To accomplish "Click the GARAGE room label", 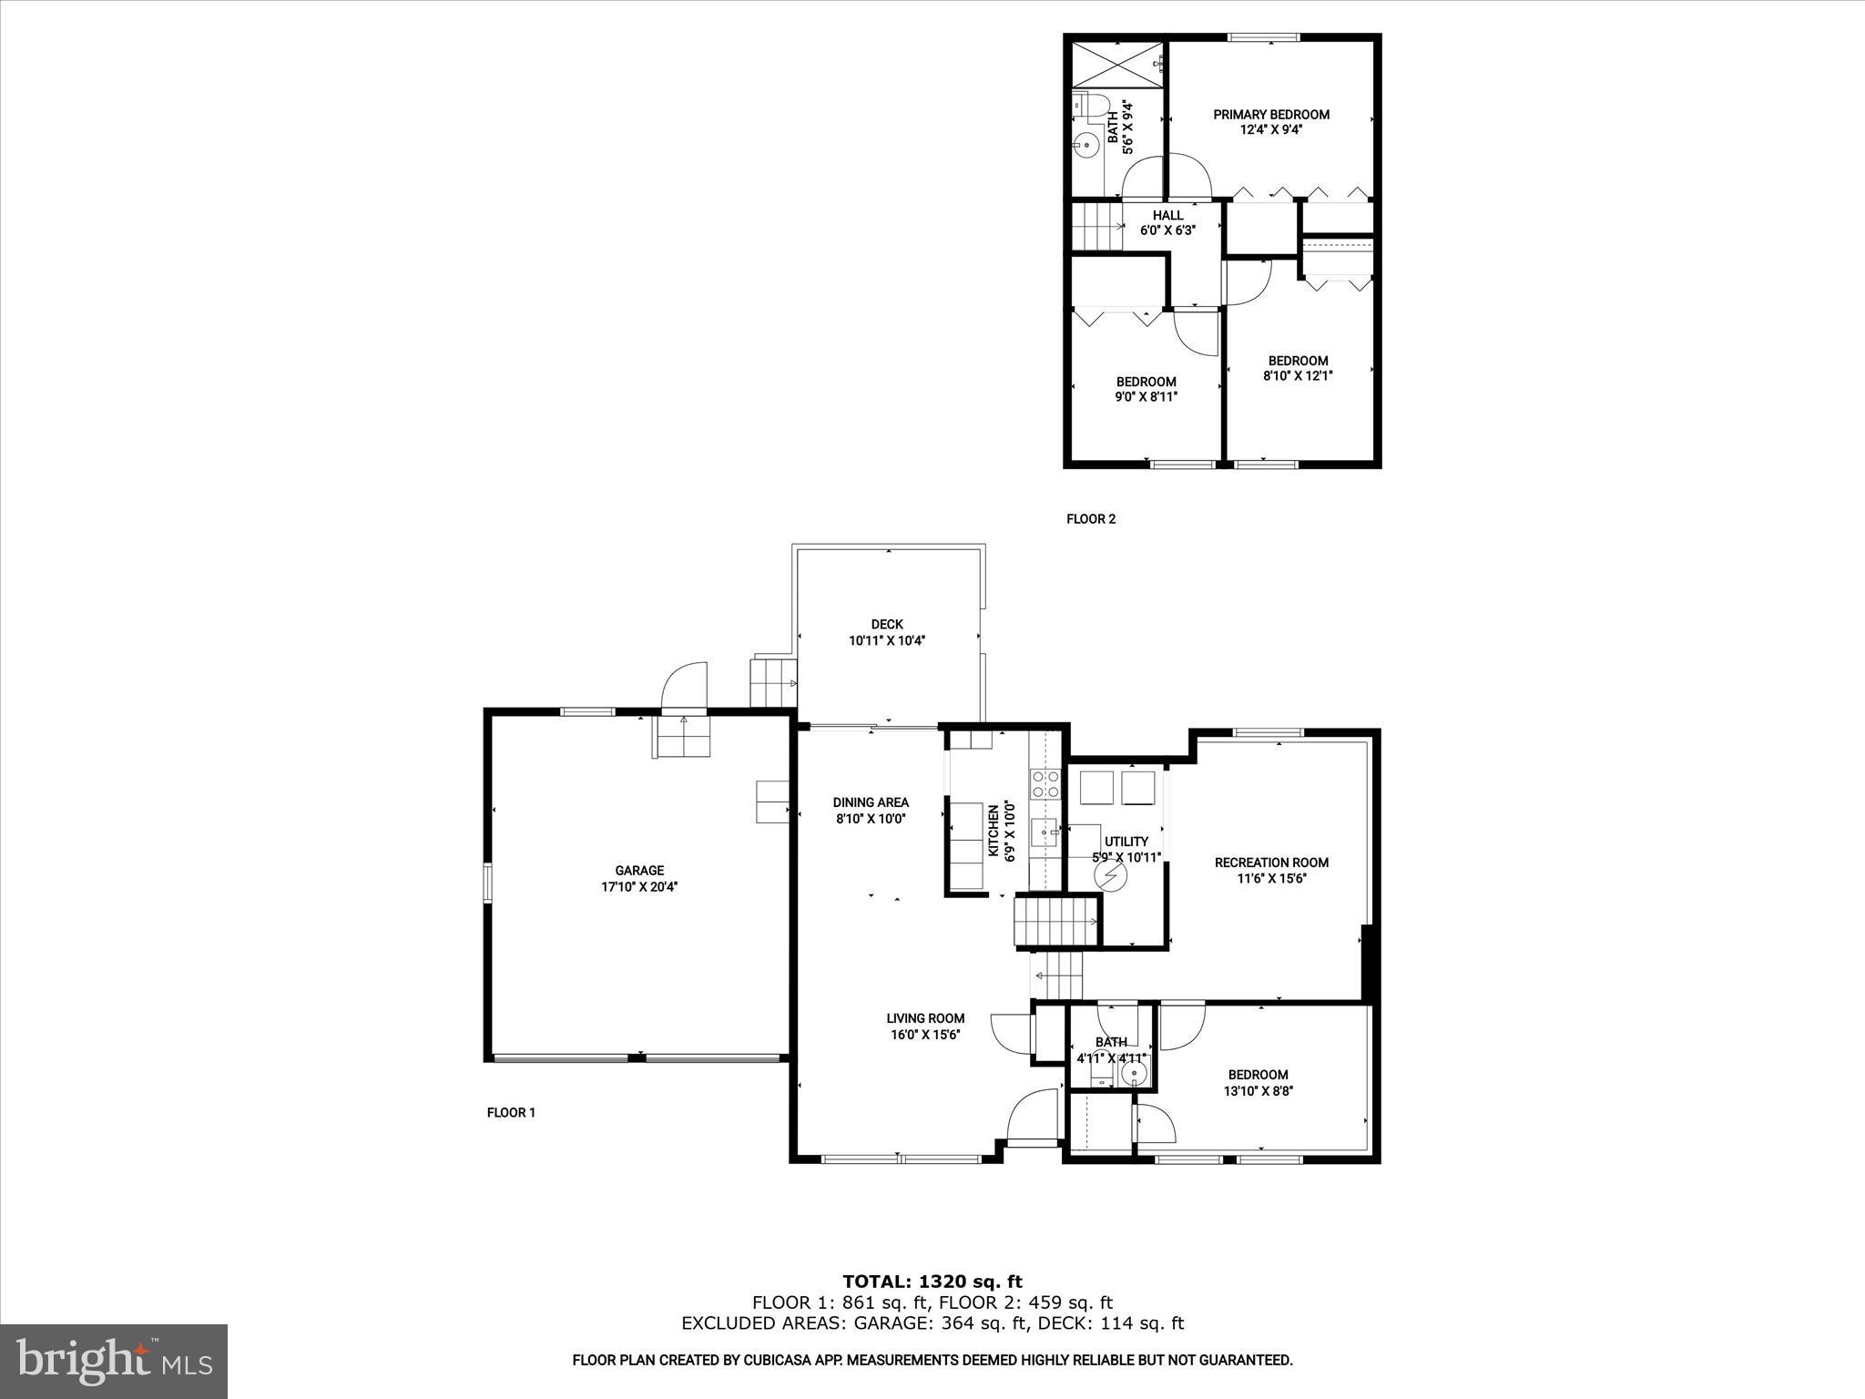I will click(x=638, y=871).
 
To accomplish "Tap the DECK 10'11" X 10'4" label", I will click(x=887, y=632).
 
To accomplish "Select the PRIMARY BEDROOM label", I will click(x=1270, y=115).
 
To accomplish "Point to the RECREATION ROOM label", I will click(x=1271, y=863).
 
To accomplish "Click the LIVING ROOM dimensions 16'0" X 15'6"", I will click(x=925, y=1035).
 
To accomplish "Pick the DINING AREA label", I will click(x=871, y=802).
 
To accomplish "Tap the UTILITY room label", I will click(x=1126, y=842).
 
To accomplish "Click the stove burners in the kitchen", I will click(x=1045, y=784).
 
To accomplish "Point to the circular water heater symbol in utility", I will click(x=1110, y=876).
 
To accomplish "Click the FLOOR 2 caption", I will click(x=1090, y=519).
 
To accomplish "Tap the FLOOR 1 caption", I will click(x=511, y=1112).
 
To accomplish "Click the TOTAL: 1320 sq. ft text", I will click(x=932, y=1282).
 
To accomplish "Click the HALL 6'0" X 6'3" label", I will click(x=1167, y=223).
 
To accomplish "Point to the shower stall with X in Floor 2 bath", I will click(x=1117, y=63).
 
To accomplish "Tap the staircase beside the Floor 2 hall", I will click(x=1096, y=226).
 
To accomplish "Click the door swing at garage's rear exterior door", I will click(x=684, y=685).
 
